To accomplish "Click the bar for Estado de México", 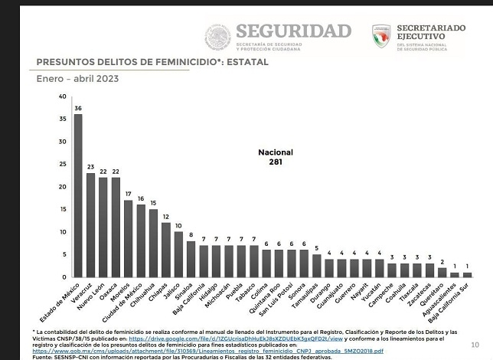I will (78, 195).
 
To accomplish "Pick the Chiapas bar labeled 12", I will (165, 250).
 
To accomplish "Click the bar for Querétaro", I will (442, 272).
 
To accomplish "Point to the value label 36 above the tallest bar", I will (78, 108).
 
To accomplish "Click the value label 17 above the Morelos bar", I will (128, 194).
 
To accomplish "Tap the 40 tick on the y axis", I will (62, 97).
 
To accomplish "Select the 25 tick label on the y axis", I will (62, 165).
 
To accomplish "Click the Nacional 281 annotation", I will (276, 157).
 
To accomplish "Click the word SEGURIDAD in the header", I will (293, 31).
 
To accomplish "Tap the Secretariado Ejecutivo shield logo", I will (381, 35).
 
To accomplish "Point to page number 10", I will (475, 345).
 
